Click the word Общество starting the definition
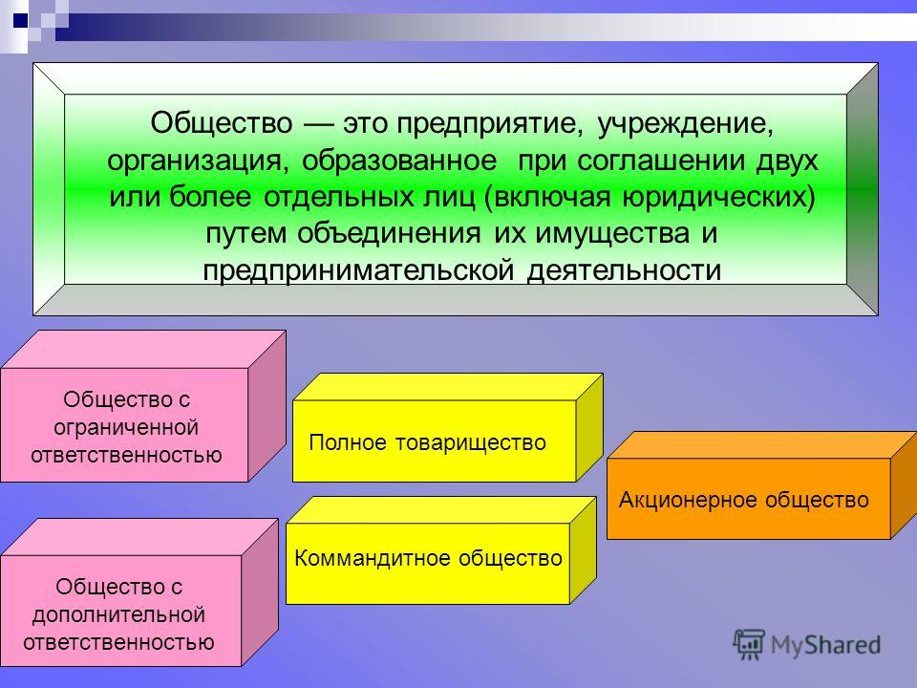tap(221, 123)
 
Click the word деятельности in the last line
tap(624, 270)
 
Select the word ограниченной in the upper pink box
tap(126, 428)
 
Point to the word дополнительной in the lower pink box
tap(118, 614)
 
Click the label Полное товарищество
tap(427, 442)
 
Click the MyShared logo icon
tap(749, 645)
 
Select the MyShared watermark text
tap(825, 645)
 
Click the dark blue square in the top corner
tap(20, 20)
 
